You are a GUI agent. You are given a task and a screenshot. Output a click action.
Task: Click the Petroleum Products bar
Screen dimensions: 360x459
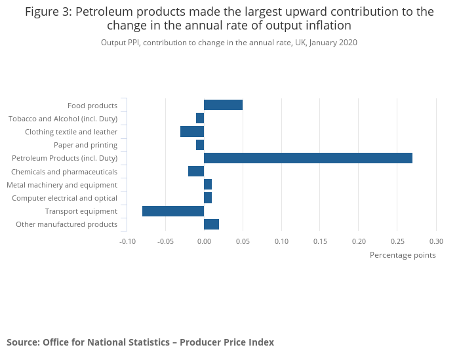pyautogui.click(x=308, y=158)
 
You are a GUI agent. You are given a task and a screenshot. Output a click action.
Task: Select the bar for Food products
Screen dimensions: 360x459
pyautogui.click(x=223, y=105)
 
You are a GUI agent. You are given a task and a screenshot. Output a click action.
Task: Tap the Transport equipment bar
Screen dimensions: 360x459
pyautogui.click(x=173, y=211)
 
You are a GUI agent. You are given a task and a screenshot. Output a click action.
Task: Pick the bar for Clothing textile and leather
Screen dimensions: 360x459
pyautogui.click(x=192, y=132)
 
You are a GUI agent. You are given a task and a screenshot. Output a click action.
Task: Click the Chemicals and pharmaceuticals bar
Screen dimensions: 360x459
pyautogui.click(x=196, y=171)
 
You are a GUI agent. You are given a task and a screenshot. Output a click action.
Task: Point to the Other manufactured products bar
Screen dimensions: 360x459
pyautogui.click(x=211, y=224)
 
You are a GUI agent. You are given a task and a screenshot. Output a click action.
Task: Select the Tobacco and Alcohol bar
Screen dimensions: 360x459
pyautogui.click(x=200, y=118)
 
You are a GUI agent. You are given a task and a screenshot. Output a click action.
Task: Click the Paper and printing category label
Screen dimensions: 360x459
pyautogui.click(x=85, y=145)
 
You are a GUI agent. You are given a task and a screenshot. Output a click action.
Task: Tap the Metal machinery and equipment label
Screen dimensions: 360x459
pyautogui.click(x=62, y=185)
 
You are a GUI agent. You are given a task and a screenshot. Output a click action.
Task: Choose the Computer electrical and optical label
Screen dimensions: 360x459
pyautogui.click(x=65, y=198)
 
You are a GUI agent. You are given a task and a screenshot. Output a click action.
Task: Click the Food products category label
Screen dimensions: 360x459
pyautogui.click(x=92, y=106)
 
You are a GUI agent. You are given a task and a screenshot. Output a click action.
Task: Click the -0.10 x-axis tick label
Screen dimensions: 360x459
pyautogui.click(x=127, y=241)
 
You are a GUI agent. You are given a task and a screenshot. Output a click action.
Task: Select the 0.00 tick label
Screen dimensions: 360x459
pyautogui.click(x=204, y=241)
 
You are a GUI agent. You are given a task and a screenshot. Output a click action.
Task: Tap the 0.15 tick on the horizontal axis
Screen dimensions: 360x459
pyautogui.click(x=320, y=241)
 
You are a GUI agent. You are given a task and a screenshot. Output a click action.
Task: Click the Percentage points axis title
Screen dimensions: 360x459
pyautogui.click(x=403, y=255)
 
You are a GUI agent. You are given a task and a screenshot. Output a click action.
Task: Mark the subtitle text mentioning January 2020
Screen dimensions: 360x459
pyautogui.click(x=229, y=43)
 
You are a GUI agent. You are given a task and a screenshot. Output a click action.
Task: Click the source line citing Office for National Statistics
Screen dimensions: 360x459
pyautogui.click(x=140, y=342)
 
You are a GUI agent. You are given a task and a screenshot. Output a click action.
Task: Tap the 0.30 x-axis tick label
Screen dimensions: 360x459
pyautogui.click(x=436, y=241)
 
